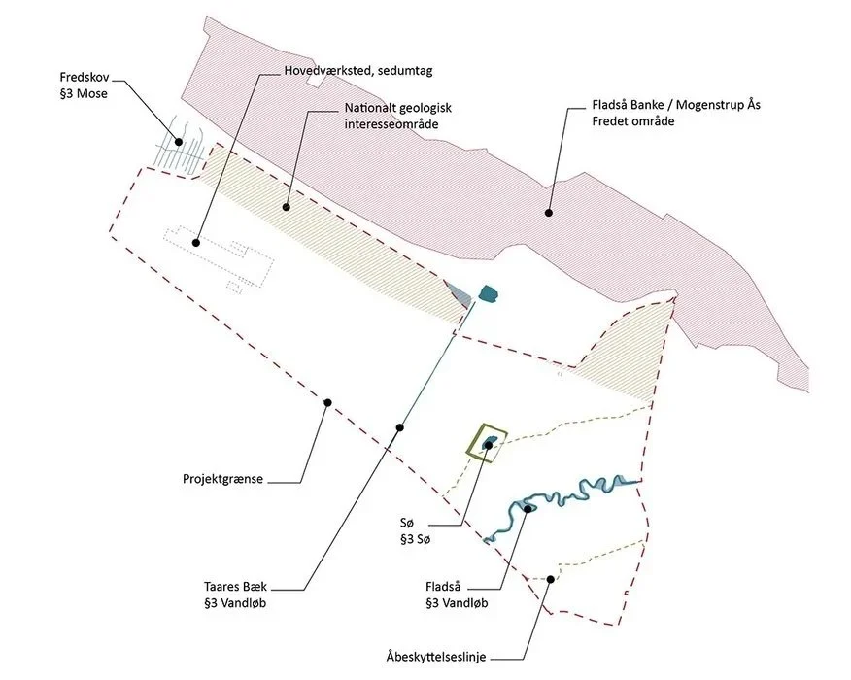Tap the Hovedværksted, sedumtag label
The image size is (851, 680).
[x=357, y=71]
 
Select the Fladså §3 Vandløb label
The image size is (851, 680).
[x=456, y=595]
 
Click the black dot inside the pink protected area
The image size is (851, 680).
[x=549, y=212]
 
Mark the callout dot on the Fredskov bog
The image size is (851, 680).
[x=178, y=142]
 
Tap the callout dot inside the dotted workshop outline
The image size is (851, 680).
[x=196, y=242]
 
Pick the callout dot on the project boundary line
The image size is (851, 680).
[x=327, y=402]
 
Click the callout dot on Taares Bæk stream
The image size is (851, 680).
[x=398, y=427]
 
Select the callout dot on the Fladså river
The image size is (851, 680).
[x=528, y=507]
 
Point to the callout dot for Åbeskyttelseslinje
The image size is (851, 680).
[x=550, y=579]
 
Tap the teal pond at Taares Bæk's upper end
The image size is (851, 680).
[x=489, y=292]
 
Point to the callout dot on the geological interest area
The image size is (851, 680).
[x=287, y=206]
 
